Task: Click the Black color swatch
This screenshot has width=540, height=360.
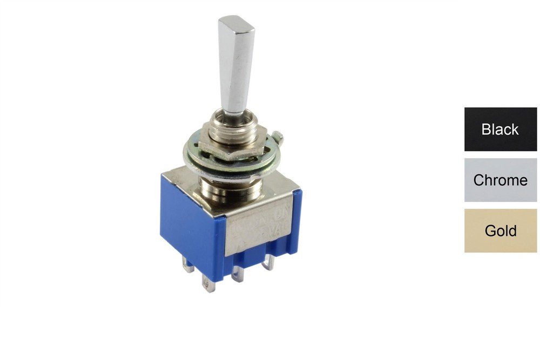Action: [500, 129]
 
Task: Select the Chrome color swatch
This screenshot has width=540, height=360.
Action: [500, 180]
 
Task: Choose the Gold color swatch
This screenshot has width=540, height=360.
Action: [500, 230]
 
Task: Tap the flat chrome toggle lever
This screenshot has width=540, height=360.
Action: [236, 65]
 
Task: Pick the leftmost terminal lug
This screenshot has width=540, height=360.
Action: [187, 266]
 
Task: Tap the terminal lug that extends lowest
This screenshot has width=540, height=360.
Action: [208, 283]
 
